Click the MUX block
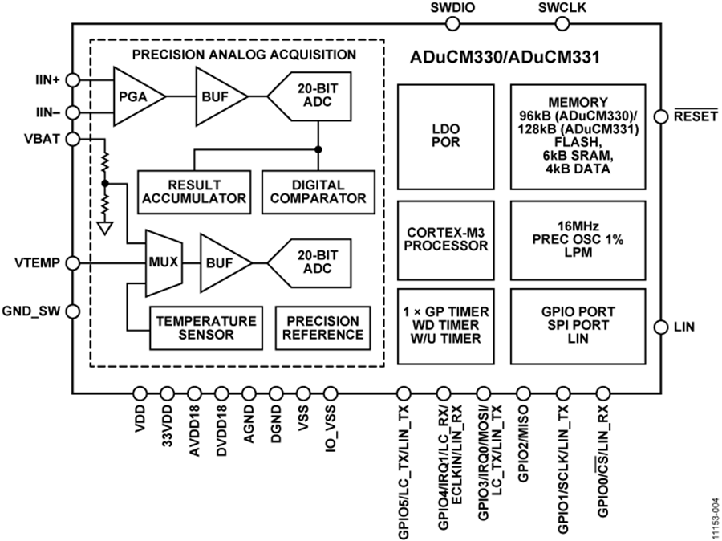pos(163,262)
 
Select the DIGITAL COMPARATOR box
pos(318,192)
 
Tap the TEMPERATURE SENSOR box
pos(206,327)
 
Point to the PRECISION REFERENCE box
pos(322,327)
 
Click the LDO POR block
pos(445,136)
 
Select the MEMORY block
pos(578,136)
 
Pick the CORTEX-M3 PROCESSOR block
pos(445,239)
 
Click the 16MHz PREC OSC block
pos(578,239)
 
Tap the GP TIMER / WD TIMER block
pos(445,326)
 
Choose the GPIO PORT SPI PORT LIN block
pos(578,326)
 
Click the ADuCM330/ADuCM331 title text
pos(505,58)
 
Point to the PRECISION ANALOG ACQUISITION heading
pos(244,55)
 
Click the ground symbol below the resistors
pos(104,229)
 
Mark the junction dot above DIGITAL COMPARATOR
pos(318,149)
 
